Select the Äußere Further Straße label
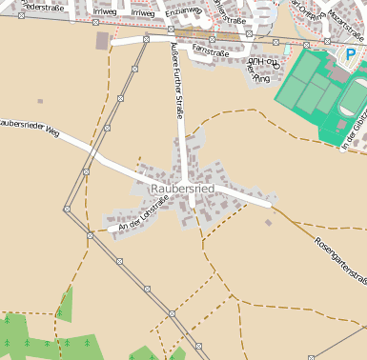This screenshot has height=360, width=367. click(x=176, y=80)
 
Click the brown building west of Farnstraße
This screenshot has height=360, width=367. click(x=102, y=40)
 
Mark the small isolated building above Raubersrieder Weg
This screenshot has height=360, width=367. click(x=40, y=100)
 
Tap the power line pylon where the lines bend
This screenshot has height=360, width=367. click(x=68, y=207)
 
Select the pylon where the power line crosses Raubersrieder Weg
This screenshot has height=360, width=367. click(x=86, y=170)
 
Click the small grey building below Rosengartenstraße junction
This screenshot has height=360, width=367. click(x=268, y=222)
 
